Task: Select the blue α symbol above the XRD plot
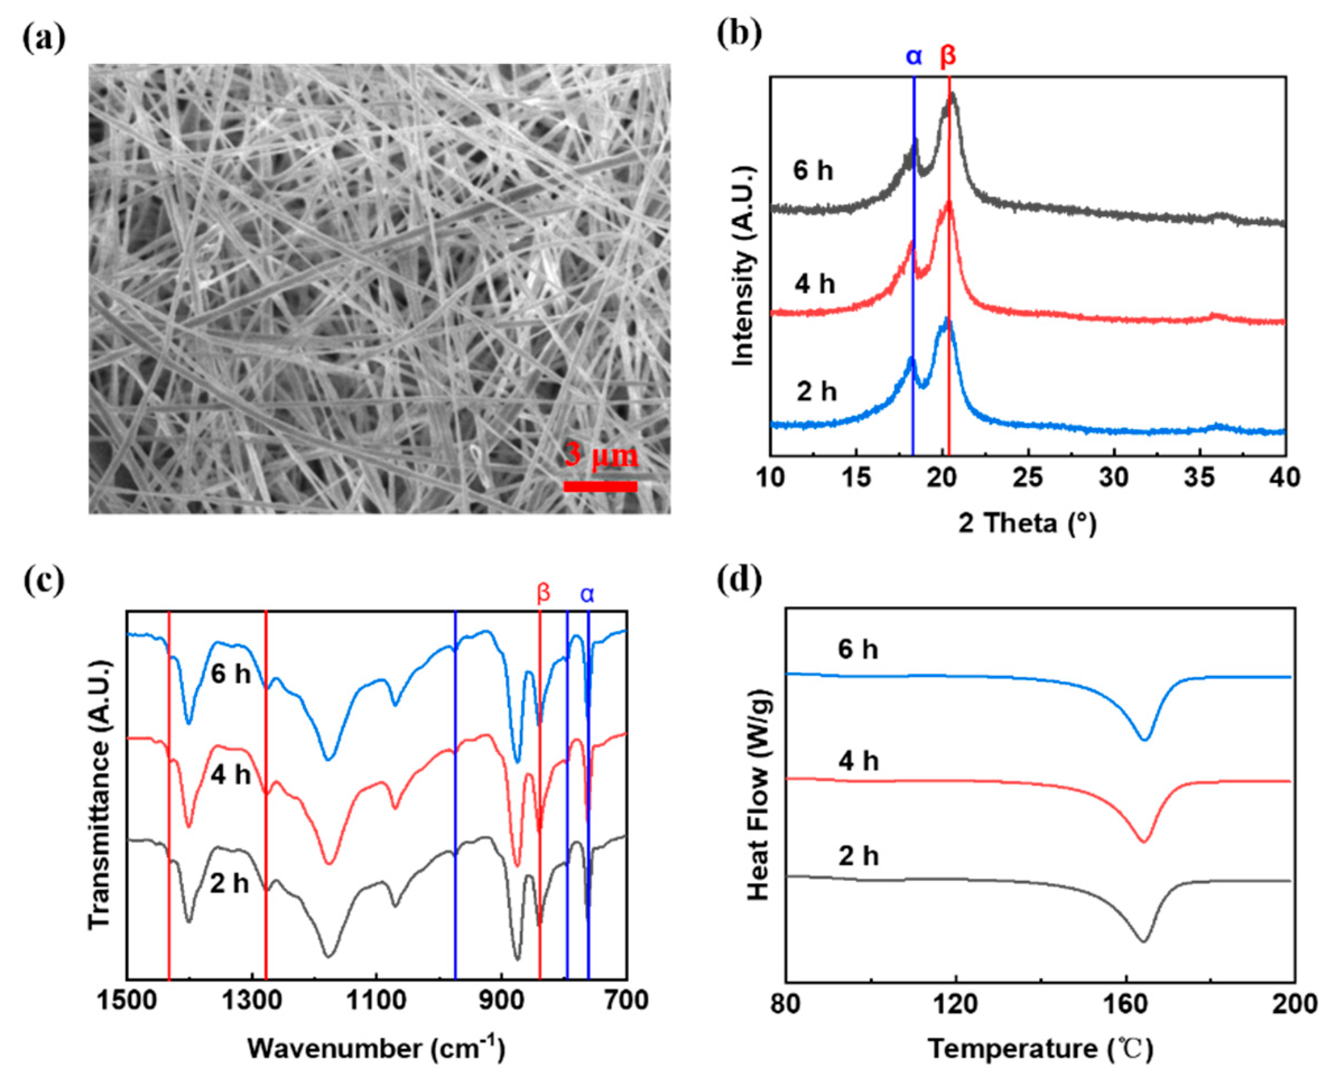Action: (914, 56)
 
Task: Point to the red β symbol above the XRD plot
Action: (947, 56)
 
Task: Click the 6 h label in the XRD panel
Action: (813, 170)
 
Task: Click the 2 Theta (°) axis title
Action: (1028, 523)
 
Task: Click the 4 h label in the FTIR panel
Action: (230, 776)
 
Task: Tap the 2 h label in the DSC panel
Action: (858, 857)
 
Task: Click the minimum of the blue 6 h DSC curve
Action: (1144, 740)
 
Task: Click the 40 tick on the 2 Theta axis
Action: (1285, 478)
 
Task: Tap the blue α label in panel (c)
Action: (587, 595)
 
